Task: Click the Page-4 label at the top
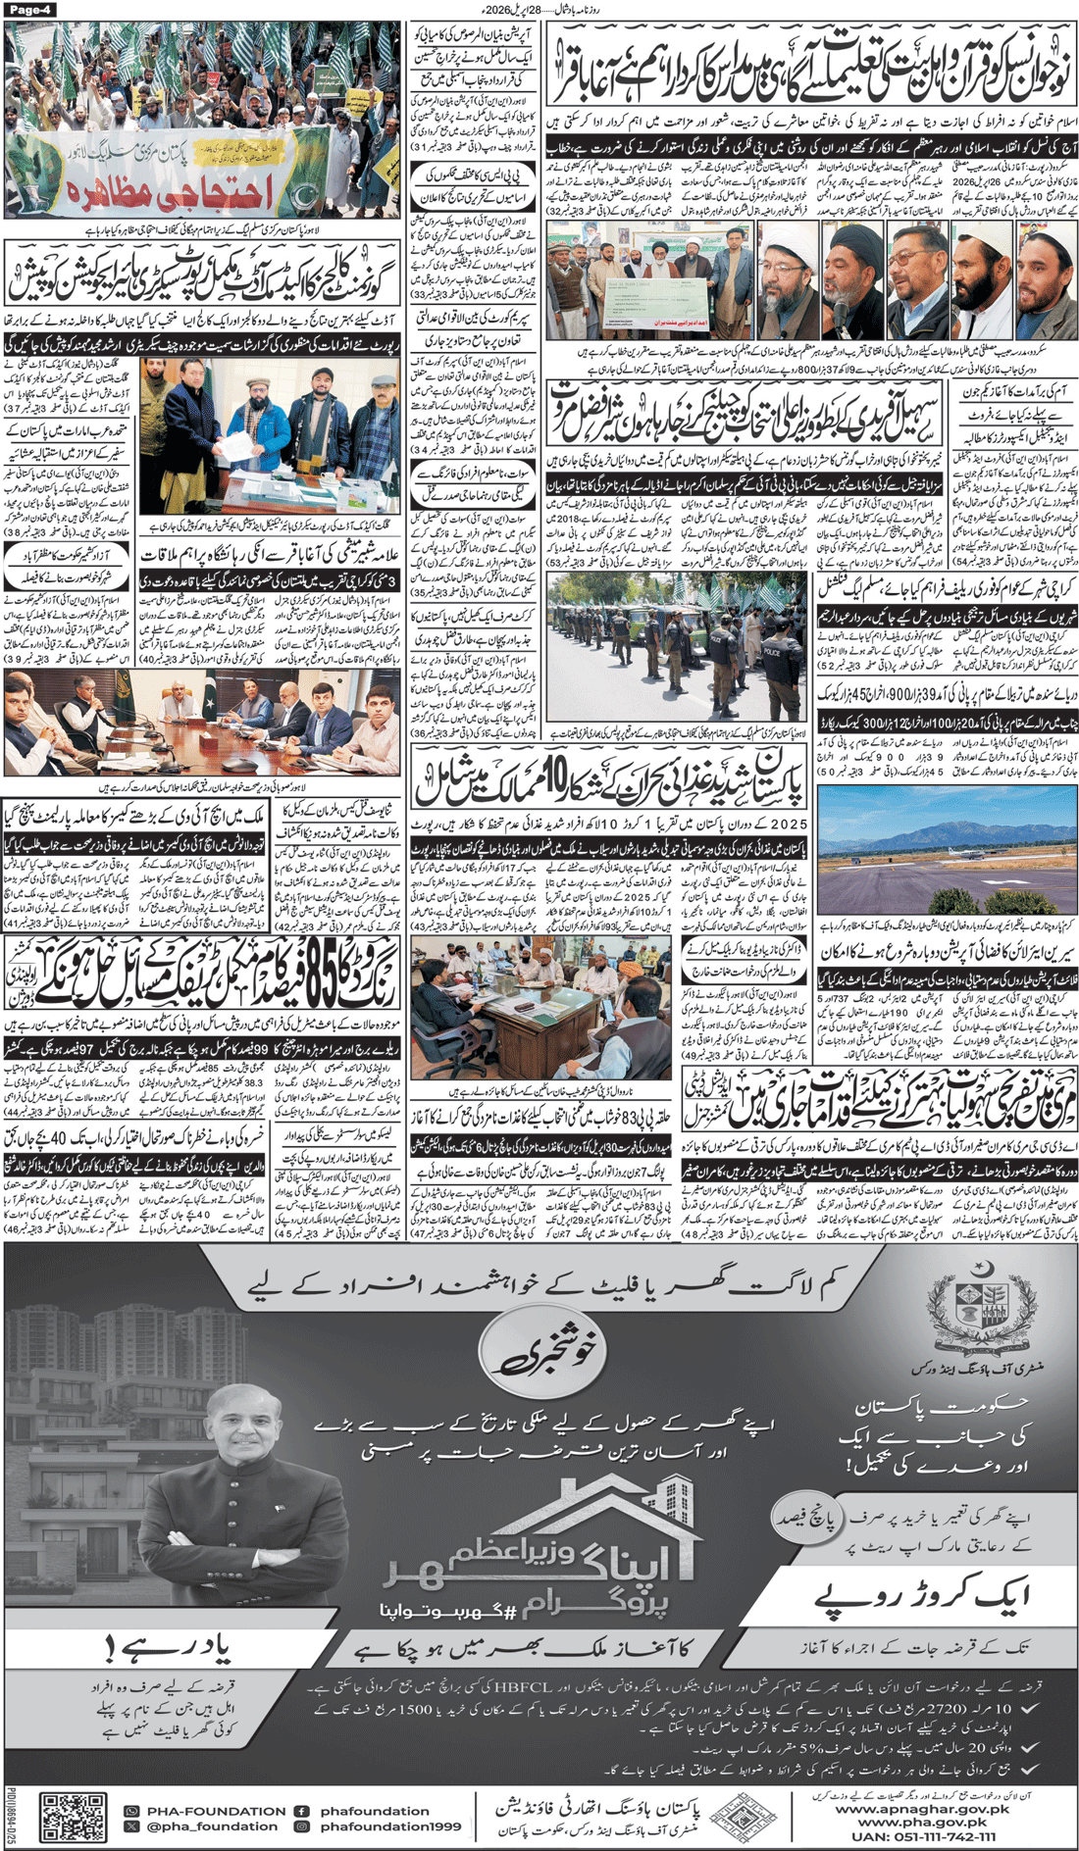tap(32, 9)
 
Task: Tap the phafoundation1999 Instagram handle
tap(389, 1826)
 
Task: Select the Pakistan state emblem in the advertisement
tap(982, 1303)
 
